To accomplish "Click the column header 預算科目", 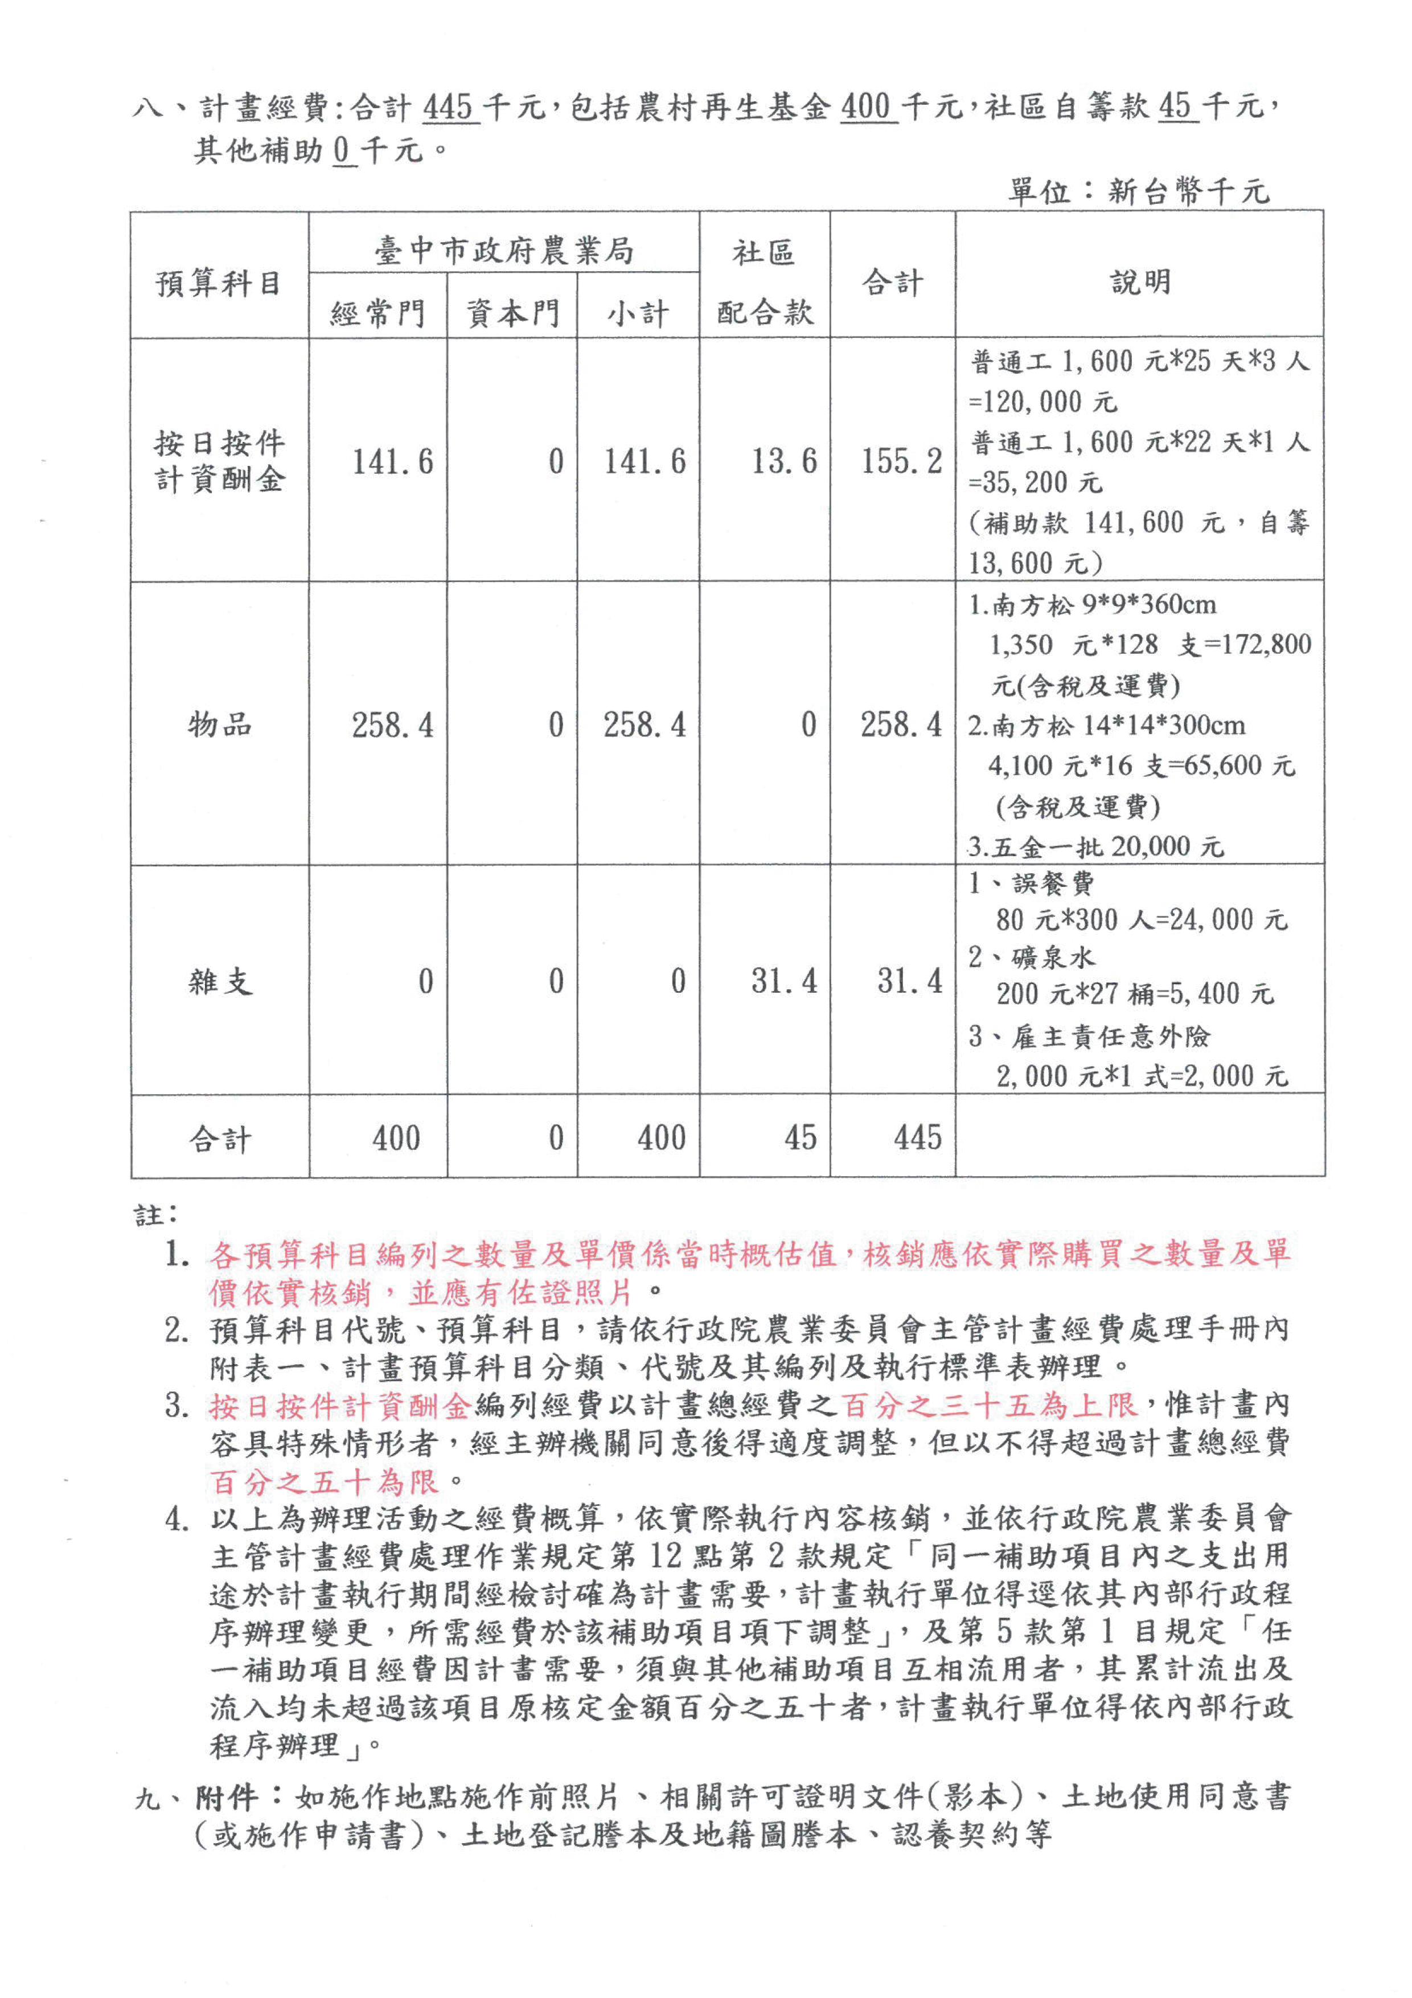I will tap(219, 283).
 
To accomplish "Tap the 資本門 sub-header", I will tap(512, 313).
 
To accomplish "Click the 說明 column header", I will tap(1140, 281).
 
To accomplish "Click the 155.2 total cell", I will tap(901, 461).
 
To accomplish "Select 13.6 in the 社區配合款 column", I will tap(784, 461).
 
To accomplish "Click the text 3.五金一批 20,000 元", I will tap(1096, 846).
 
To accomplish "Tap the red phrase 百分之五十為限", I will tap(323, 1480).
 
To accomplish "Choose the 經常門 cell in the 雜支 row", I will tap(425, 981).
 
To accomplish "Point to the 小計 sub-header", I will tap(638, 313).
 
